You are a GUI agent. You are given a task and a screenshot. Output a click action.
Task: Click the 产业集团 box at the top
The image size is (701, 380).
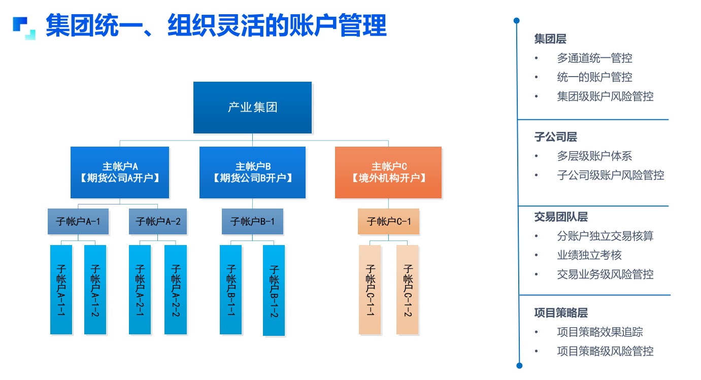tap(252, 108)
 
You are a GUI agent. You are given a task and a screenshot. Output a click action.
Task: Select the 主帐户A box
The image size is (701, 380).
tap(120, 172)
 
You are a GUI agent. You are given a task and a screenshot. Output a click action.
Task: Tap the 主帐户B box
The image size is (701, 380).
tap(253, 172)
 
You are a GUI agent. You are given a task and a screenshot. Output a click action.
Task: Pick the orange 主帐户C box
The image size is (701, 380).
tap(388, 172)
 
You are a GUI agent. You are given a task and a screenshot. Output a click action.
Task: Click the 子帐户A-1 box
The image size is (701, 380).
tap(78, 221)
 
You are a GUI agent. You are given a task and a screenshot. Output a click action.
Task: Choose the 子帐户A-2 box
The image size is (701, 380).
tap(158, 221)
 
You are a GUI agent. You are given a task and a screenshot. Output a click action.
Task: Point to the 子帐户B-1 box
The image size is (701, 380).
tap(253, 221)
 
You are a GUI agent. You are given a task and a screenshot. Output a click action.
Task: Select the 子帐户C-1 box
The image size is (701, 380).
tap(388, 221)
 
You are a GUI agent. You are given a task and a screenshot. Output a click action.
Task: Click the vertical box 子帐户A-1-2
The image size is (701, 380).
tap(95, 290)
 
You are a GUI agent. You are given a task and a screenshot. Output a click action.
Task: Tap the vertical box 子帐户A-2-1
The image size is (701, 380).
tap(140, 290)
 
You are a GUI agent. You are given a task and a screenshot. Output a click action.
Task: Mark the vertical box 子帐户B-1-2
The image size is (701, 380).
tap(274, 290)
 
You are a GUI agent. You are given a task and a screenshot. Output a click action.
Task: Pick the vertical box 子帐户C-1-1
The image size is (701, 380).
tap(370, 290)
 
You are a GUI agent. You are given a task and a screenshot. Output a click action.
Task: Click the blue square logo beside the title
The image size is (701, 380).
tap(24, 28)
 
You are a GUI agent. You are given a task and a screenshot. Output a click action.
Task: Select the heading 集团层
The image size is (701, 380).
tap(550, 39)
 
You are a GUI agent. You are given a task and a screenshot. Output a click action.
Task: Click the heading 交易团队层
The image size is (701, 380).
tap(561, 217)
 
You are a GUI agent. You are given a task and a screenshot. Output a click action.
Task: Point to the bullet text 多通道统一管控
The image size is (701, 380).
tap(594, 58)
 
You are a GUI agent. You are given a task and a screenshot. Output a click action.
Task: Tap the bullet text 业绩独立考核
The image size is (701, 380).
tap(589, 255)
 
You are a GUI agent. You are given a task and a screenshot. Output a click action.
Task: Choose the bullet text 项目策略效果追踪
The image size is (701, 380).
tap(600, 332)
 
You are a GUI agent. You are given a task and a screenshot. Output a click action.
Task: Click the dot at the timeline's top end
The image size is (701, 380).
tap(517, 21)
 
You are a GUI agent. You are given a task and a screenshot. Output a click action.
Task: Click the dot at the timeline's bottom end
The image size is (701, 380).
tap(519, 365)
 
